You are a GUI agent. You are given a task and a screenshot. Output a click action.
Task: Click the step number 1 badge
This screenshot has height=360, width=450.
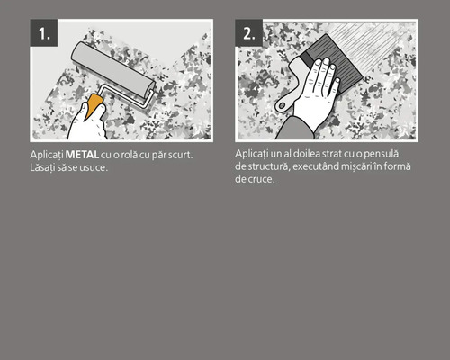(x=44, y=33)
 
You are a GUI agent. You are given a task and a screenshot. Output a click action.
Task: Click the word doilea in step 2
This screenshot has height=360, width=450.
(x=302, y=156)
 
